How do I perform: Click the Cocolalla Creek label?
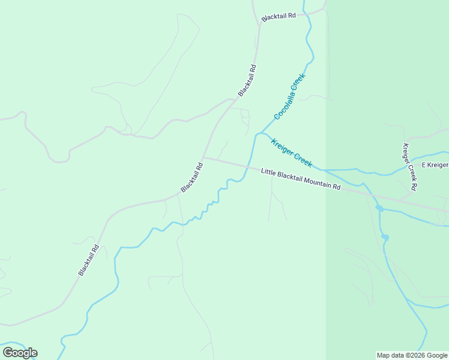pos(290,96)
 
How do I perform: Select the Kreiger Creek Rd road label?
pos(410,167)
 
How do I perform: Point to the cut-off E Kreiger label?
pos(435,165)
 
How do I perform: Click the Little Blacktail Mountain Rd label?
pos(301,179)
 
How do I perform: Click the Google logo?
pos(20,353)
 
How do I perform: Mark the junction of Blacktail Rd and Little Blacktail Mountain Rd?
pos(203,158)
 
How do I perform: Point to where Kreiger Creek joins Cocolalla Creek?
pos(260,133)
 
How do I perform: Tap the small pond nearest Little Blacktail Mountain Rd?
pos(379,208)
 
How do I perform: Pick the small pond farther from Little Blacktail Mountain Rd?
pos(385,238)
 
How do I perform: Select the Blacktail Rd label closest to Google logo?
pos(88,259)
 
